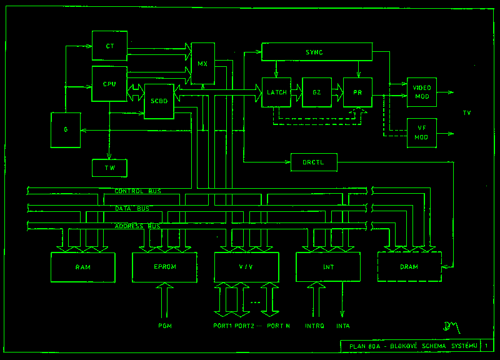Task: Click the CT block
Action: point(109,45)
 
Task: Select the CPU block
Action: point(109,82)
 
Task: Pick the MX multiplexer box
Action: point(202,64)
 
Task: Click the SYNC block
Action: point(316,52)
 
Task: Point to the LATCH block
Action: point(276,92)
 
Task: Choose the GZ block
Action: point(317,92)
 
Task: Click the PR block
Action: point(357,92)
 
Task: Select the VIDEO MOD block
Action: point(422,92)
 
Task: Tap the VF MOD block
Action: point(422,132)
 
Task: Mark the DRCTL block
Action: point(314,162)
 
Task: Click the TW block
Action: point(109,168)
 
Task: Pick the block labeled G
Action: point(66,130)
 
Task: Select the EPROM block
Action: point(164,267)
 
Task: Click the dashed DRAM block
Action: point(409,267)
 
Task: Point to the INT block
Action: point(328,267)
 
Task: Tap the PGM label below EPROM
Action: point(164,326)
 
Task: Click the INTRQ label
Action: point(314,326)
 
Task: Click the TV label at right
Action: point(466,112)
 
